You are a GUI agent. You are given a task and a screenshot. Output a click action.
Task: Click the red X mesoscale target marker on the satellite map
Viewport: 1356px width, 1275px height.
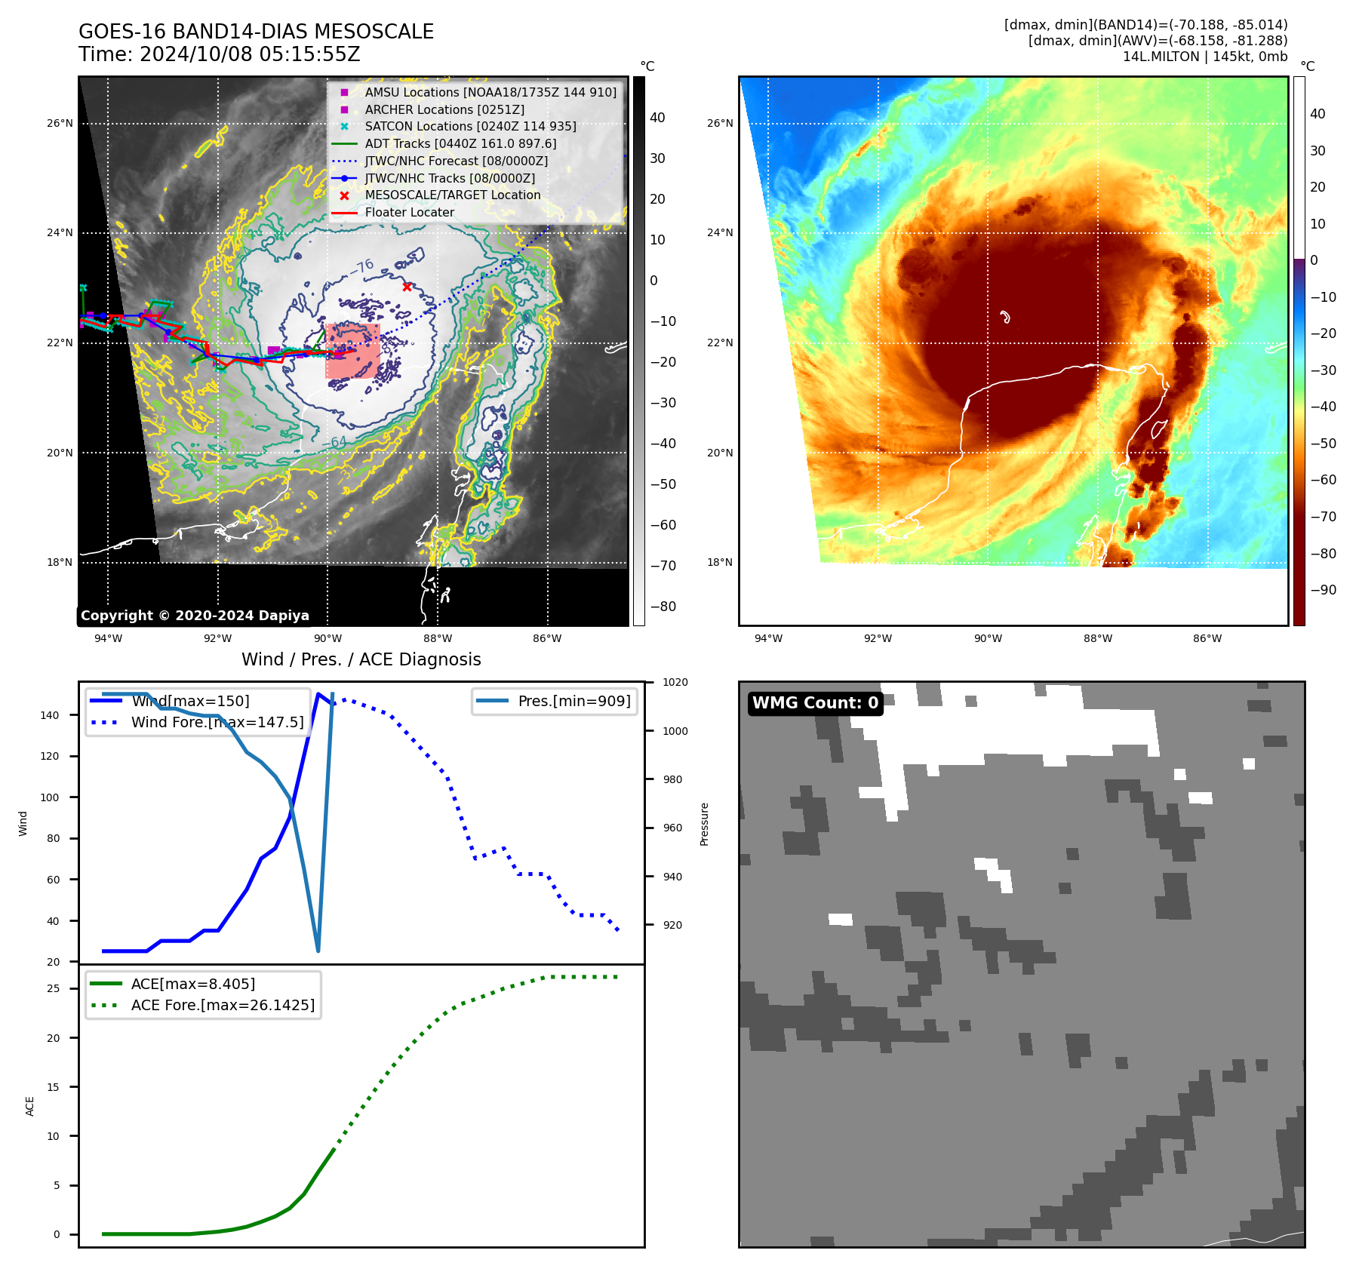[x=407, y=287]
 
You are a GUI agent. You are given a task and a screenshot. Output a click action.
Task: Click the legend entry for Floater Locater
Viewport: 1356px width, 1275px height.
[x=409, y=213]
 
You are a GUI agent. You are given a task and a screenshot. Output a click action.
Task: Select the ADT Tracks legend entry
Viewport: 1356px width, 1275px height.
[x=460, y=143]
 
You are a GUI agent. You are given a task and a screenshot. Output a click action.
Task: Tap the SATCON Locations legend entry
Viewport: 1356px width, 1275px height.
[x=470, y=127]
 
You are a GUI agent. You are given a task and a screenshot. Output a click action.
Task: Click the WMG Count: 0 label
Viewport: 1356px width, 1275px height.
[x=815, y=703]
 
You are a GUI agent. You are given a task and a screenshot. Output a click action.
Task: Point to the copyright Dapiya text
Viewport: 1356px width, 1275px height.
[x=195, y=616]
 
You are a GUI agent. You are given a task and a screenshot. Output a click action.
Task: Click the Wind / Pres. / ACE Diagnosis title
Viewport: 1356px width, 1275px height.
[x=361, y=659]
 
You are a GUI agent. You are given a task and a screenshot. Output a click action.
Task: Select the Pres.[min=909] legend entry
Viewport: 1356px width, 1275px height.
[x=573, y=701]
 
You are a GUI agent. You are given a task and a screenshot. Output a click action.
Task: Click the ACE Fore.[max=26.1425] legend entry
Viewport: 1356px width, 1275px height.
[x=223, y=1005]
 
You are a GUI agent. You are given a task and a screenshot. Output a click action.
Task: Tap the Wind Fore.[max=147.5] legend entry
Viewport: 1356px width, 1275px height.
[x=217, y=722]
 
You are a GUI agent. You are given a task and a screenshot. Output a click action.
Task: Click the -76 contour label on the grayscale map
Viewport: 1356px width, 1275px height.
[x=364, y=266]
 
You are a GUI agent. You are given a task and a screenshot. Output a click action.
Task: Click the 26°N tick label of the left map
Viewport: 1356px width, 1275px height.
[x=60, y=123]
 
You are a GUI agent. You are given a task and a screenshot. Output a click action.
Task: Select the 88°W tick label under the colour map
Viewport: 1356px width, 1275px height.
[x=1097, y=638]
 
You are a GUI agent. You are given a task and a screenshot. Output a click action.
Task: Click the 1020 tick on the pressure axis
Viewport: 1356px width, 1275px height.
[x=675, y=682]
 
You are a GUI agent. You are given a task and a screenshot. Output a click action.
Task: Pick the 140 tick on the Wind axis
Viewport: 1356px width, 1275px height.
[x=50, y=715]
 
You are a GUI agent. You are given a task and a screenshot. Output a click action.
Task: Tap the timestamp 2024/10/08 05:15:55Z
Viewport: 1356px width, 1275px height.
[x=250, y=54]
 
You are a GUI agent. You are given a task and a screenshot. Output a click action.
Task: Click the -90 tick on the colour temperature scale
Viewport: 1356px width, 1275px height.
[x=1323, y=590]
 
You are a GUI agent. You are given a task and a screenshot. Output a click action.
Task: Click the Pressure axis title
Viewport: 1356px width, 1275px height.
[x=704, y=824]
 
